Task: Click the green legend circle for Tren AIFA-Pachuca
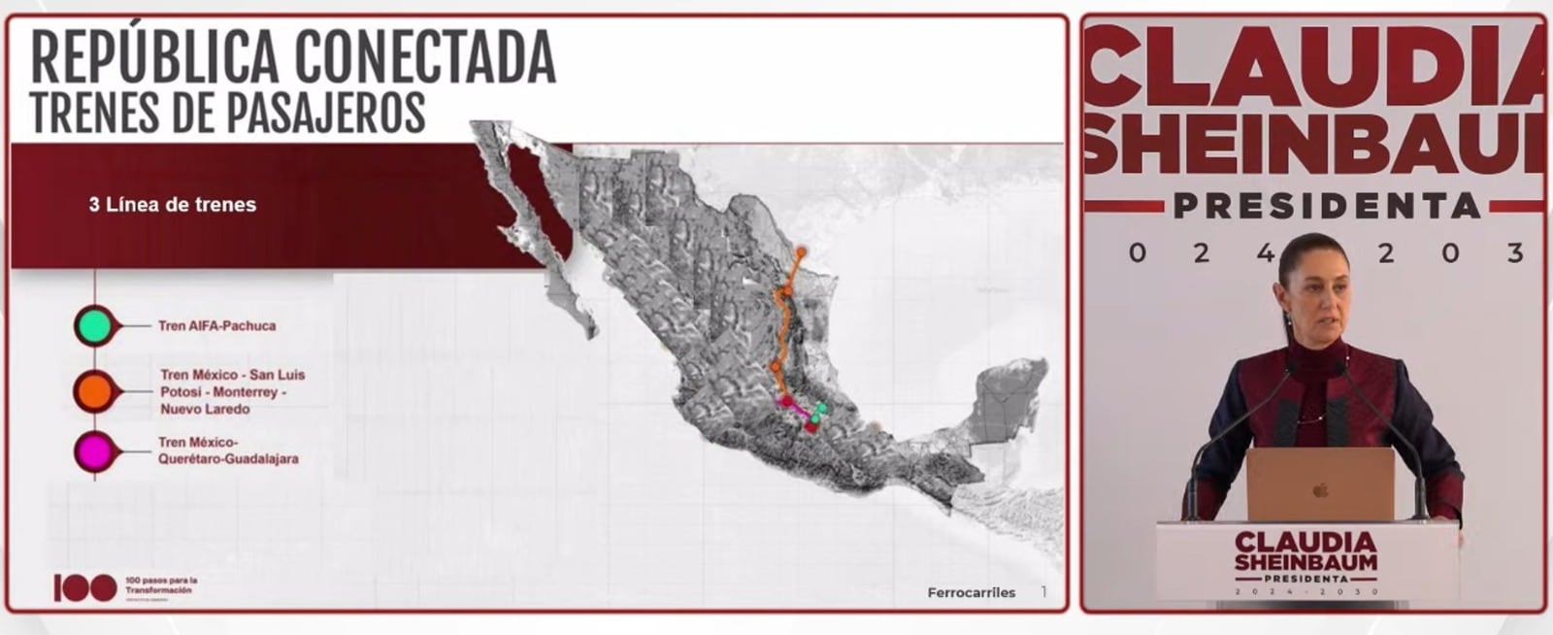pos(94,325)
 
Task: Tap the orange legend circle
pos(94,391)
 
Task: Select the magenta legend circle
pos(94,451)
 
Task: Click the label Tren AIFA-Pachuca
pos(216,326)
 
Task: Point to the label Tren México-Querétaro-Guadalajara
pos(228,451)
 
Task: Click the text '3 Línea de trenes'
pos(173,205)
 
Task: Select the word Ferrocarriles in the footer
pos(971,592)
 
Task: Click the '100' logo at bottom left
pos(85,587)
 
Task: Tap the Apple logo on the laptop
pos(1320,490)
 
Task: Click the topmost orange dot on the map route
pos(801,251)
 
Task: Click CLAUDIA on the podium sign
pos(1305,541)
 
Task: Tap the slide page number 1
pos(1044,591)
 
